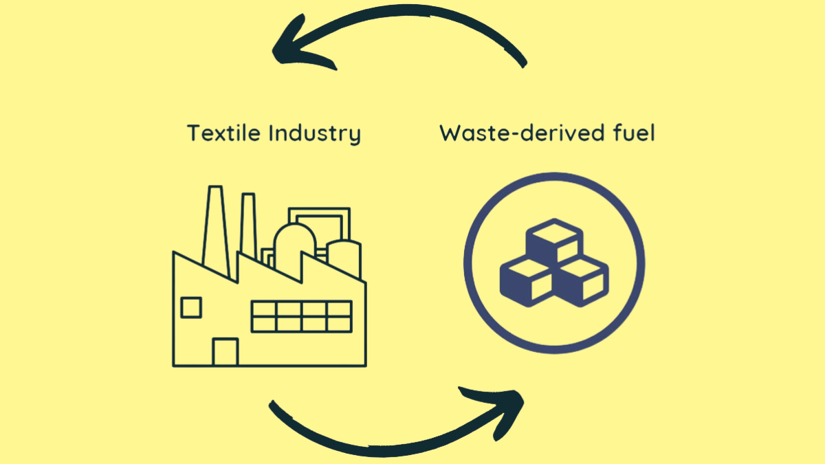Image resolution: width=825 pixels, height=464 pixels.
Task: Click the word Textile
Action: (x=224, y=133)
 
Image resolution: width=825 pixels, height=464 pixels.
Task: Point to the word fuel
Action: (x=632, y=133)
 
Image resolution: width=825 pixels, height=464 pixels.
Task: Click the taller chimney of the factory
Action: (x=213, y=227)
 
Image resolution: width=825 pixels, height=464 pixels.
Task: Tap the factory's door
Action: (x=225, y=352)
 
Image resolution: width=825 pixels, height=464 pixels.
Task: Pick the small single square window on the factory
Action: (x=190, y=307)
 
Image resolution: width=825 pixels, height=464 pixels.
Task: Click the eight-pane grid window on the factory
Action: (x=302, y=316)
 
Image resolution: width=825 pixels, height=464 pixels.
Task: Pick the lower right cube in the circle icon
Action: (x=582, y=281)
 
